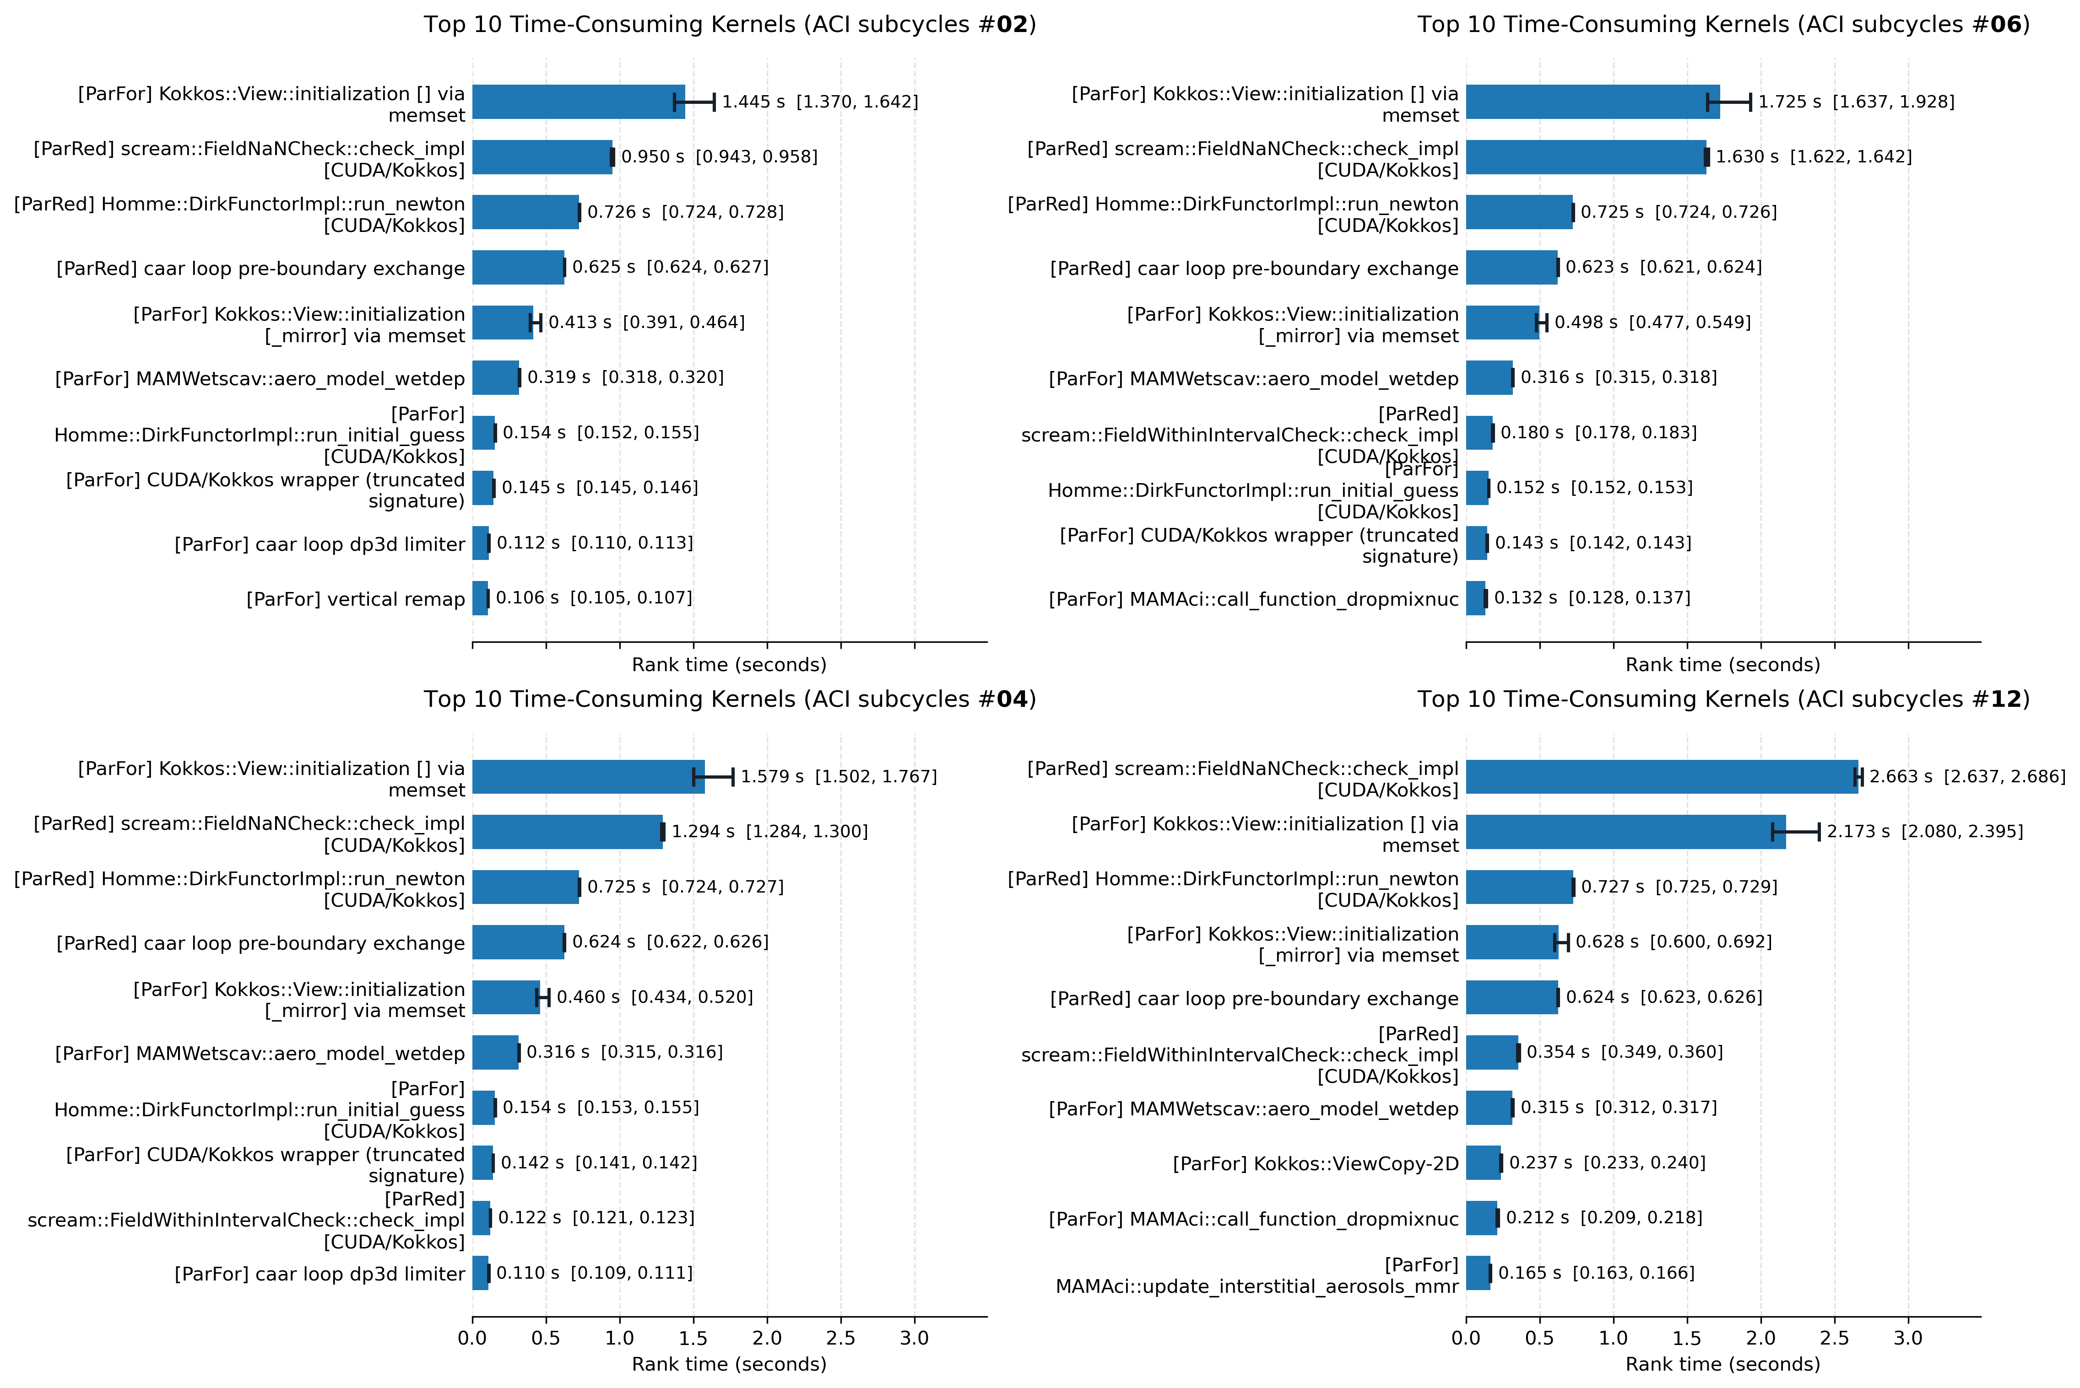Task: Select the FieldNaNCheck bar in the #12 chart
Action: point(1662,776)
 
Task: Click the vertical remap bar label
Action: point(355,599)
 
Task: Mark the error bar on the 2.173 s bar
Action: point(1796,831)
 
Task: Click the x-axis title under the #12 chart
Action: point(1723,1364)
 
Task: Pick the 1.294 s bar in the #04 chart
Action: point(568,831)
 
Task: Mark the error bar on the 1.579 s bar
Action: point(713,776)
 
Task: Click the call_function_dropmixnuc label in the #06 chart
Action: point(1254,599)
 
